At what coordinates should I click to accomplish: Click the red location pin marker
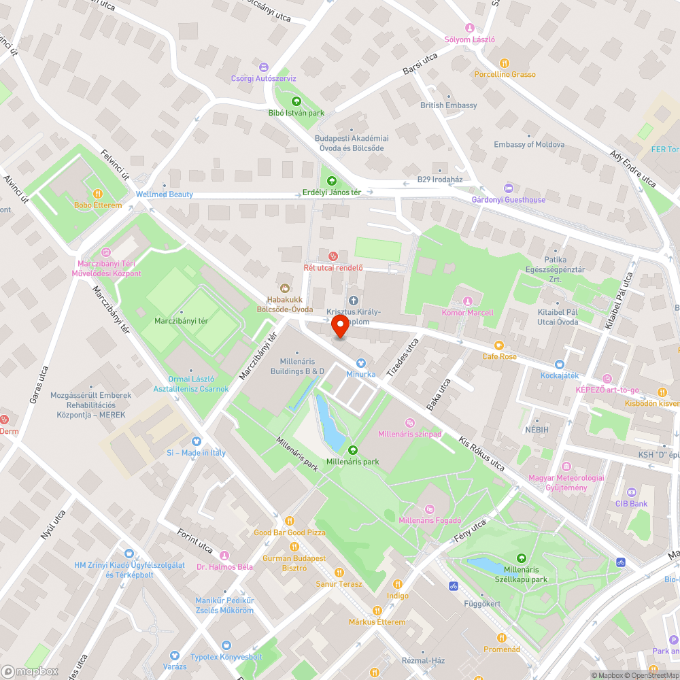pyautogui.click(x=341, y=328)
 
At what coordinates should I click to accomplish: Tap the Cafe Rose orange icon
pyautogui.click(x=499, y=345)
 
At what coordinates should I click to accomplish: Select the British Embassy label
pyautogui.click(x=449, y=105)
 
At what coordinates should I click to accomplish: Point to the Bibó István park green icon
pyautogui.click(x=296, y=101)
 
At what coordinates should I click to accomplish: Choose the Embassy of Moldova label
pyautogui.click(x=529, y=145)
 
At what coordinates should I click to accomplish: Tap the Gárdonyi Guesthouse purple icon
pyautogui.click(x=509, y=188)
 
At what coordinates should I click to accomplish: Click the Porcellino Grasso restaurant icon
pyautogui.click(x=505, y=63)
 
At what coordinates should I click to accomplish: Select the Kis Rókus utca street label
pyautogui.click(x=481, y=456)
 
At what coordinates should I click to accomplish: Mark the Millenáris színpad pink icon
pyautogui.click(x=409, y=422)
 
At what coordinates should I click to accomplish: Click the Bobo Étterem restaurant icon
pyautogui.click(x=97, y=194)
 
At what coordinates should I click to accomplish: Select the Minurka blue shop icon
pyautogui.click(x=361, y=363)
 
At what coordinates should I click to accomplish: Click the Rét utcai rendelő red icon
pyautogui.click(x=333, y=256)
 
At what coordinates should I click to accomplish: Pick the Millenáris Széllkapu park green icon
pyautogui.click(x=522, y=558)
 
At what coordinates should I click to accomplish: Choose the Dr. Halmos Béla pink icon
pyautogui.click(x=224, y=556)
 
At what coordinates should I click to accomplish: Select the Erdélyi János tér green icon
pyautogui.click(x=331, y=181)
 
